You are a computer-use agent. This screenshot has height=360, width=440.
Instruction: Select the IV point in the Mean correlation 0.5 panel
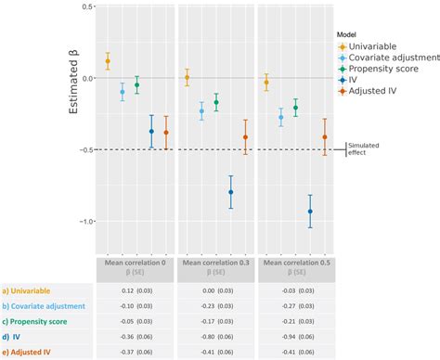point(310,212)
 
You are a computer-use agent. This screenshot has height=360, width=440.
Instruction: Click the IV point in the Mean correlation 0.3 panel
point(231,192)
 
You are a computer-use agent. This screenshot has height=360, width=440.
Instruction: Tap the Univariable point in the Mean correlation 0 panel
point(108,61)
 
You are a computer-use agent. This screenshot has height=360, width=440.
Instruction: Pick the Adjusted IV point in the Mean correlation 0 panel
point(166,133)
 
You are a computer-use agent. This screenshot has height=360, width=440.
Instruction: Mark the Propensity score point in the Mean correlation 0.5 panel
point(295,108)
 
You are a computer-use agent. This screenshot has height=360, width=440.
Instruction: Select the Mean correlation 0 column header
point(136,268)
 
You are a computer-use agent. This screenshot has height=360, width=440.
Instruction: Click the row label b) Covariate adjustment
point(45,305)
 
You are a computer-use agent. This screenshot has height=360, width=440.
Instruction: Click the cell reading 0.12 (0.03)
point(136,290)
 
